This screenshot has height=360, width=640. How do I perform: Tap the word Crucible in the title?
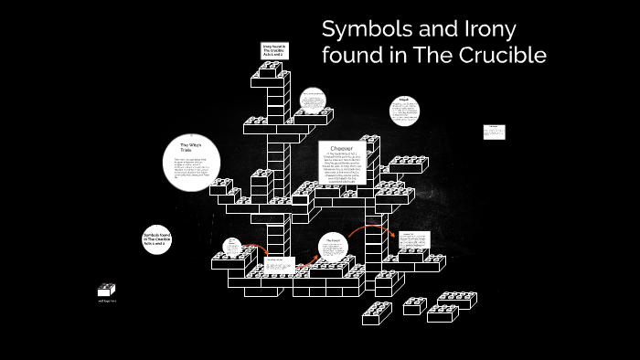point(504,56)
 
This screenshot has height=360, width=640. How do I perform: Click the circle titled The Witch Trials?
point(190,164)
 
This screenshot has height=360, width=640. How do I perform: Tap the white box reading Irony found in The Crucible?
point(273,50)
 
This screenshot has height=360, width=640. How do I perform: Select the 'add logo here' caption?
point(108,300)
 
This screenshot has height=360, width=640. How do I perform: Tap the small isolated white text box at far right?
point(494,132)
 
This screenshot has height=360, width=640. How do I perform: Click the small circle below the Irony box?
point(312,103)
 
